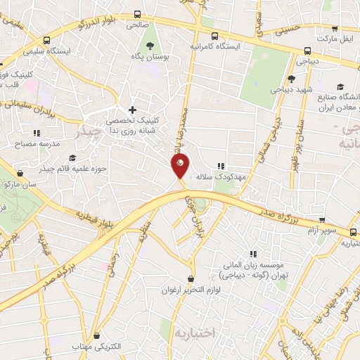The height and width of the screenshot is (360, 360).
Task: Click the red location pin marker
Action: pyautogui.click(x=180, y=166)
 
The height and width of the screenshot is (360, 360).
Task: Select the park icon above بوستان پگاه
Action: pyautogui.click(x=148, y=46)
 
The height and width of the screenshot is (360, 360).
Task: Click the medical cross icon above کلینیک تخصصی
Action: pyautogui.click(x=132, y=110)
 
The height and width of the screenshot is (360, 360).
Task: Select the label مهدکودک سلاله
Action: pyautogui.click(x=224, y=177)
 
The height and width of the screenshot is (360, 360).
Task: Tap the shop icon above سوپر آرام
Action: pyautogui.click(x=322, y=219)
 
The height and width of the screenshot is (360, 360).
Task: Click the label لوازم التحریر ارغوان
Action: pyautogui.click(x=191, y=290)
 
